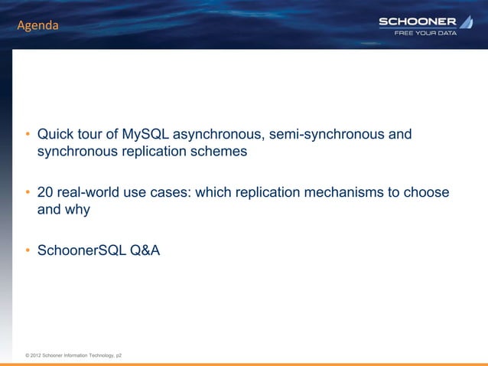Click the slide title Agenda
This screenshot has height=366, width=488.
38,26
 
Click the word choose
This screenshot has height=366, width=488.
428,191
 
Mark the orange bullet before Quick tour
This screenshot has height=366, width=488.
27,136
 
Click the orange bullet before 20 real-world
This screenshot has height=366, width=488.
27,192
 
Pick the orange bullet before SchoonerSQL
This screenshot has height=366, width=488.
27,249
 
